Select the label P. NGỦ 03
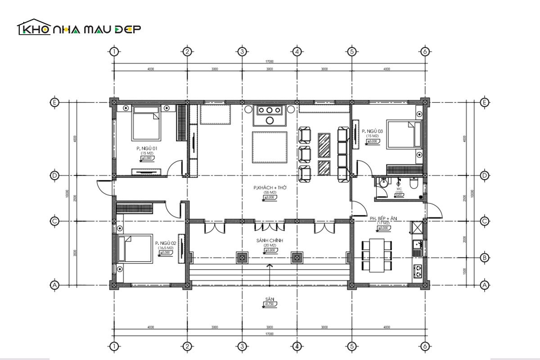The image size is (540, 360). pos(372,131)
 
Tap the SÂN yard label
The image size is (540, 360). pos(270,299)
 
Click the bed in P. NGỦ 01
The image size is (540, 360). pos(146,126)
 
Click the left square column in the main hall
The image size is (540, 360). pos(242,258)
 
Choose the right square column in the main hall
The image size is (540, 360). pos(297,258)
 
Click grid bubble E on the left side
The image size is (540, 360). pos(54,103)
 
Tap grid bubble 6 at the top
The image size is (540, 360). pos(424,51)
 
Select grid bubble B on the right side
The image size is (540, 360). pos(485,258)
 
